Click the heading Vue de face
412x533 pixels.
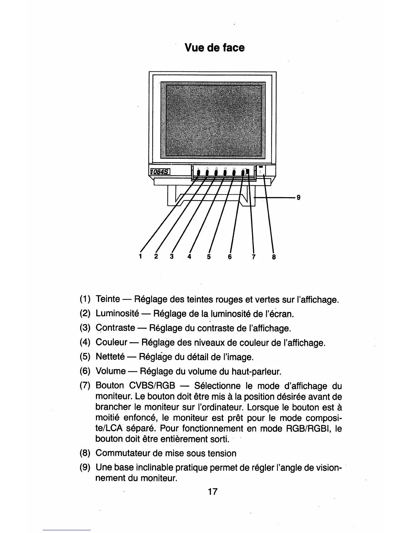pos(215,48)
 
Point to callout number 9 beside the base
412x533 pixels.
pos(298,198)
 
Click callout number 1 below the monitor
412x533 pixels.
pos(140,257)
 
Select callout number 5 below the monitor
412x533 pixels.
pos(209,257)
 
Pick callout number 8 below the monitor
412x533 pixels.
pos(274,257)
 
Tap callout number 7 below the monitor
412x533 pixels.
pos(253,257)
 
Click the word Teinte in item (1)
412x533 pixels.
pos(108,299)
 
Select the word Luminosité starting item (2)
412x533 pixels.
pos(117,314)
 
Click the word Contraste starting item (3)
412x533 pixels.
pos(115,328)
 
